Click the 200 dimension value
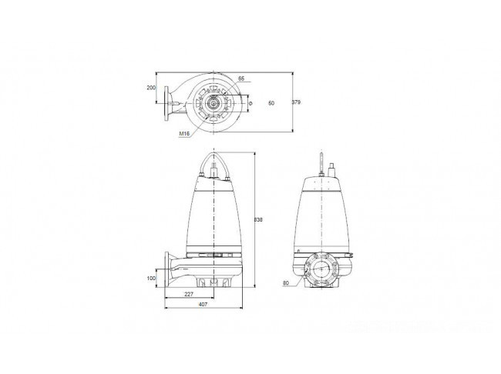[x=151, y=88]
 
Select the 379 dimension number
[x=296, y=102]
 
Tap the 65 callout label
[x=241, y=78]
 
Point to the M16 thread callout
[x=184, y=134]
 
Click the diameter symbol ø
[x=250, y=103]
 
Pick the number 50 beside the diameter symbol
[x=271, y=103]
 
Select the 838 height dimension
[x=258, y=220]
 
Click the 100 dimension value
[x=151, y=279]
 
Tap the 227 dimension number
[x=189, y=295]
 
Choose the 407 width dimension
[x=203, y=305]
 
